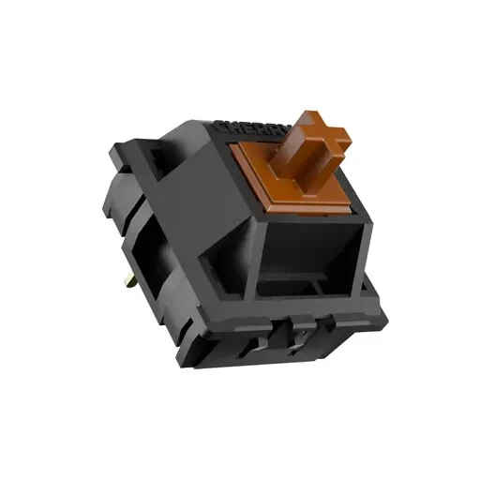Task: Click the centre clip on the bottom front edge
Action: coord(298,329)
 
